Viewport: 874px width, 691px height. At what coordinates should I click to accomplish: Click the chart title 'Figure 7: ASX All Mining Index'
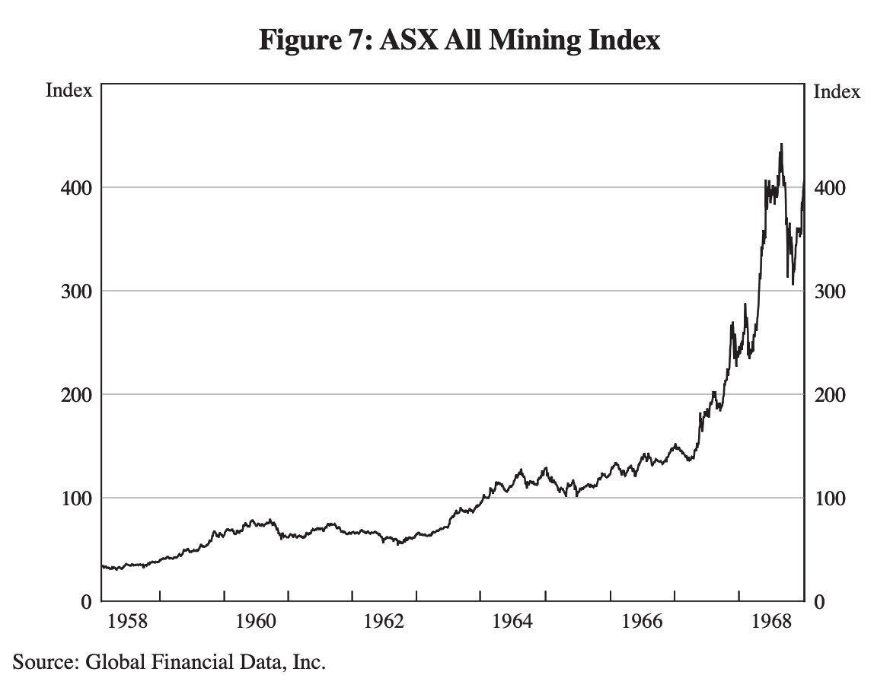(x=459, y=39)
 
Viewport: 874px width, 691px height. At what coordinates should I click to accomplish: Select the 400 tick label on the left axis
(x=75, y=188)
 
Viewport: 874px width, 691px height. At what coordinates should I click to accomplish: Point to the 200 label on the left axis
(x=75, y=396)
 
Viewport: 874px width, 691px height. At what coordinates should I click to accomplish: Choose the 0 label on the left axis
(x=86, y=603)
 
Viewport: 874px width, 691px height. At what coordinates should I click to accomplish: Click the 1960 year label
(x=256, y=622)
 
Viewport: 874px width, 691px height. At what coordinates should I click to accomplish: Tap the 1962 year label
(x=384, y=622)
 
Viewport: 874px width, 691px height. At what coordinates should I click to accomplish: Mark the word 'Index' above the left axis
(x=69, y=91)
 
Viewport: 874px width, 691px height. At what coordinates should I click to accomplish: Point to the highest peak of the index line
(x=780, y=144)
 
